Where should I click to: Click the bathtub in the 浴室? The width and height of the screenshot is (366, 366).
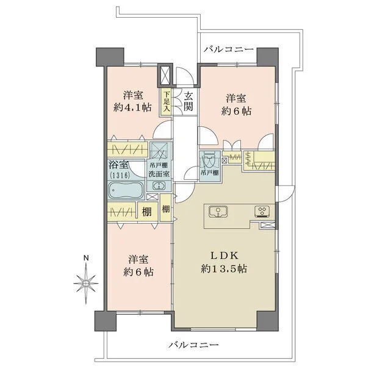pos(126,190)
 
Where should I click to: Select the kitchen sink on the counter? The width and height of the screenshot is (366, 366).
pos(218,212)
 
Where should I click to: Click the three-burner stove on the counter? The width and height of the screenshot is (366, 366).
pos(262,212)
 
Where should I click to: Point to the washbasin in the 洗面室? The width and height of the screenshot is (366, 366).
pos(159,186)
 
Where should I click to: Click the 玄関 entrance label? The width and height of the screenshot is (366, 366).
pos(188,101)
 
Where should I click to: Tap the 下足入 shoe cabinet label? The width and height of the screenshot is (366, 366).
pos(167,101)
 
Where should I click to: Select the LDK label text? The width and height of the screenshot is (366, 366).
pos(224,256)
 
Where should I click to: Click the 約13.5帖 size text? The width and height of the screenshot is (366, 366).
pos(224,269)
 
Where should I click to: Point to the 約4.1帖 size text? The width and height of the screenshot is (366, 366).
pos(132,107)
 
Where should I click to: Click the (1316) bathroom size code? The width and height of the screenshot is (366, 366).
pos(120,175)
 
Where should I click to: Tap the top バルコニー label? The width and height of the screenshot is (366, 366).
pos(229,49)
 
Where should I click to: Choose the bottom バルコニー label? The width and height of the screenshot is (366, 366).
pos(194,345)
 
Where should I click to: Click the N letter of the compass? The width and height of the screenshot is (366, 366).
pos(87,258)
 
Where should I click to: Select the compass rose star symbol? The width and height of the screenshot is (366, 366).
pos(86,284)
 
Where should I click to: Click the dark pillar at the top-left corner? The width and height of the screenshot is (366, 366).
pos(110,57)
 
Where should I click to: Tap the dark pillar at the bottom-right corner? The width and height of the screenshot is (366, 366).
pos(268,321)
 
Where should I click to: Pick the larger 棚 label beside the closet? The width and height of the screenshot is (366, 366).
pos(147,212)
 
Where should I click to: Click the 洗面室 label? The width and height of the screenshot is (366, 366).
pos(159,174)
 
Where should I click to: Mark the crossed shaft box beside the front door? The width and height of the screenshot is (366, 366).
pos(165,75)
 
